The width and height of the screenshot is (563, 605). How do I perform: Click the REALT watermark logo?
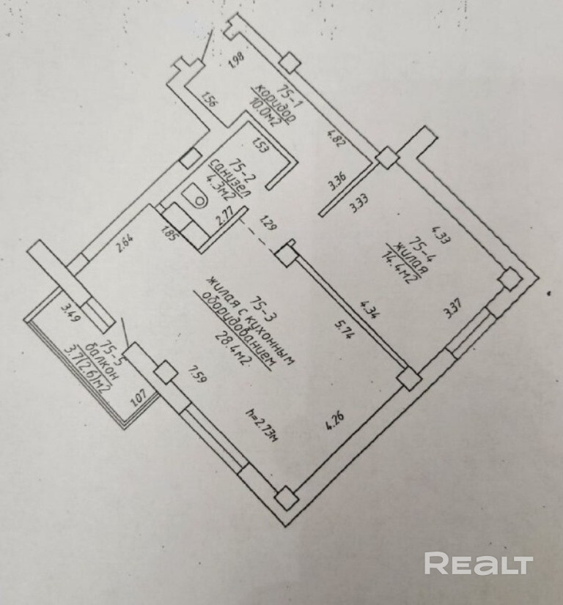[478, 563]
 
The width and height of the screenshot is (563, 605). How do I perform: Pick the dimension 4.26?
[336, 426]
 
